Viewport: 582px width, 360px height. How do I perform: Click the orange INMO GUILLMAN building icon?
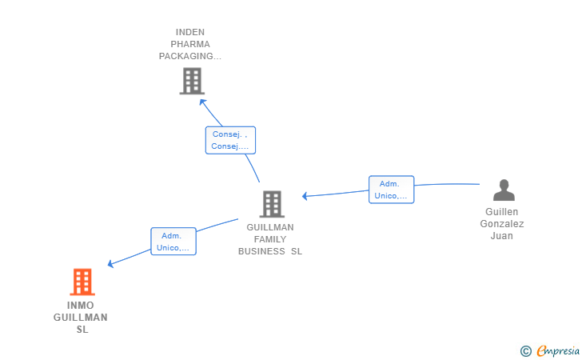click(82, 282)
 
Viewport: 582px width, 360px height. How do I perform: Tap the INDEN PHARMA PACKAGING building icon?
click(192, 81)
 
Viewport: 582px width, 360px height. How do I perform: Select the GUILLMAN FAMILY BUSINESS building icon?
click(272, 204)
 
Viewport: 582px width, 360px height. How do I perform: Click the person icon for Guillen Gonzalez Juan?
click(504, 190)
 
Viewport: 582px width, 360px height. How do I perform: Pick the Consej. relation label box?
click(230, 140)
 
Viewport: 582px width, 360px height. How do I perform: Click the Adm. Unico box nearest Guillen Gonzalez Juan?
click(392, 190)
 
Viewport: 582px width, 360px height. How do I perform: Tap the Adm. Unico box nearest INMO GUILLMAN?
click(173, 242)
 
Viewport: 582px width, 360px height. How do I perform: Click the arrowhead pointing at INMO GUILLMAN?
click(111, 264)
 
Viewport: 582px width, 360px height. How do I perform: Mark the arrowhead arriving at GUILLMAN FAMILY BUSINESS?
click(305, 196)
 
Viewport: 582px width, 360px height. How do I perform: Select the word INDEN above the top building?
click(190, 32)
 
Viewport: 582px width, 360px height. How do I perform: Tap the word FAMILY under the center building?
click(270, 239)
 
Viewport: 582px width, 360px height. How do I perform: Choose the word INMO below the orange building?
click(80, 306)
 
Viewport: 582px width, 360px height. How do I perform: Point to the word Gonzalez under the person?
click(502, 224)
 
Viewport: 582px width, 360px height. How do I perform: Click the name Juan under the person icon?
click(502, 236)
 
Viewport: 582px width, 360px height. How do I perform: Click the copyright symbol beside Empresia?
click(525, 350)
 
